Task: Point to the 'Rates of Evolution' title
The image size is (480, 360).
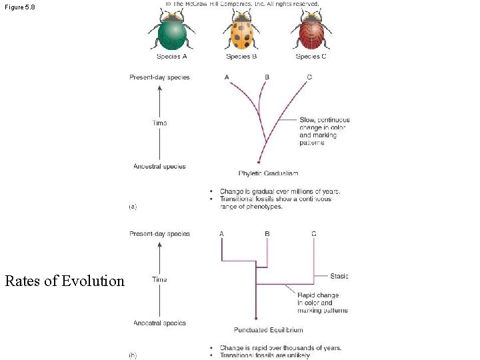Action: coord(65,281)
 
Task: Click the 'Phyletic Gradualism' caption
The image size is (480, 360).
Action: coord(268,173)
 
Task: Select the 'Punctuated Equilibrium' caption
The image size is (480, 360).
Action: coord(268,330)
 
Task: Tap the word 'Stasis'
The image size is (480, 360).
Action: coord(339,276)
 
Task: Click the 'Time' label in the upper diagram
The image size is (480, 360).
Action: coord(159,123)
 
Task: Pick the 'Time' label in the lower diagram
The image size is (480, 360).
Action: coord(159,279)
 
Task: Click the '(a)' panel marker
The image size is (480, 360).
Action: coord(133,207)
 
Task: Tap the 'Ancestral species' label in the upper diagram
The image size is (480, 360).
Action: coord(159,167)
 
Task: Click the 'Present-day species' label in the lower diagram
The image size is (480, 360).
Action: coord(159,234)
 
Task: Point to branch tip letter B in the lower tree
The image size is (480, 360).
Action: coord(267,234)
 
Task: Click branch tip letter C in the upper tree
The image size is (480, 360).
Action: coord(309,77)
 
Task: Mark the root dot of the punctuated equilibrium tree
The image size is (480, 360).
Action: coord(256,319)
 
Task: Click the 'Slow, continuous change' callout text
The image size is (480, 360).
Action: coord(324,131)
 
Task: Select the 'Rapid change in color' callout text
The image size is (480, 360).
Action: coord(323,303)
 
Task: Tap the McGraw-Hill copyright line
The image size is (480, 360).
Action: coord(242,3)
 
